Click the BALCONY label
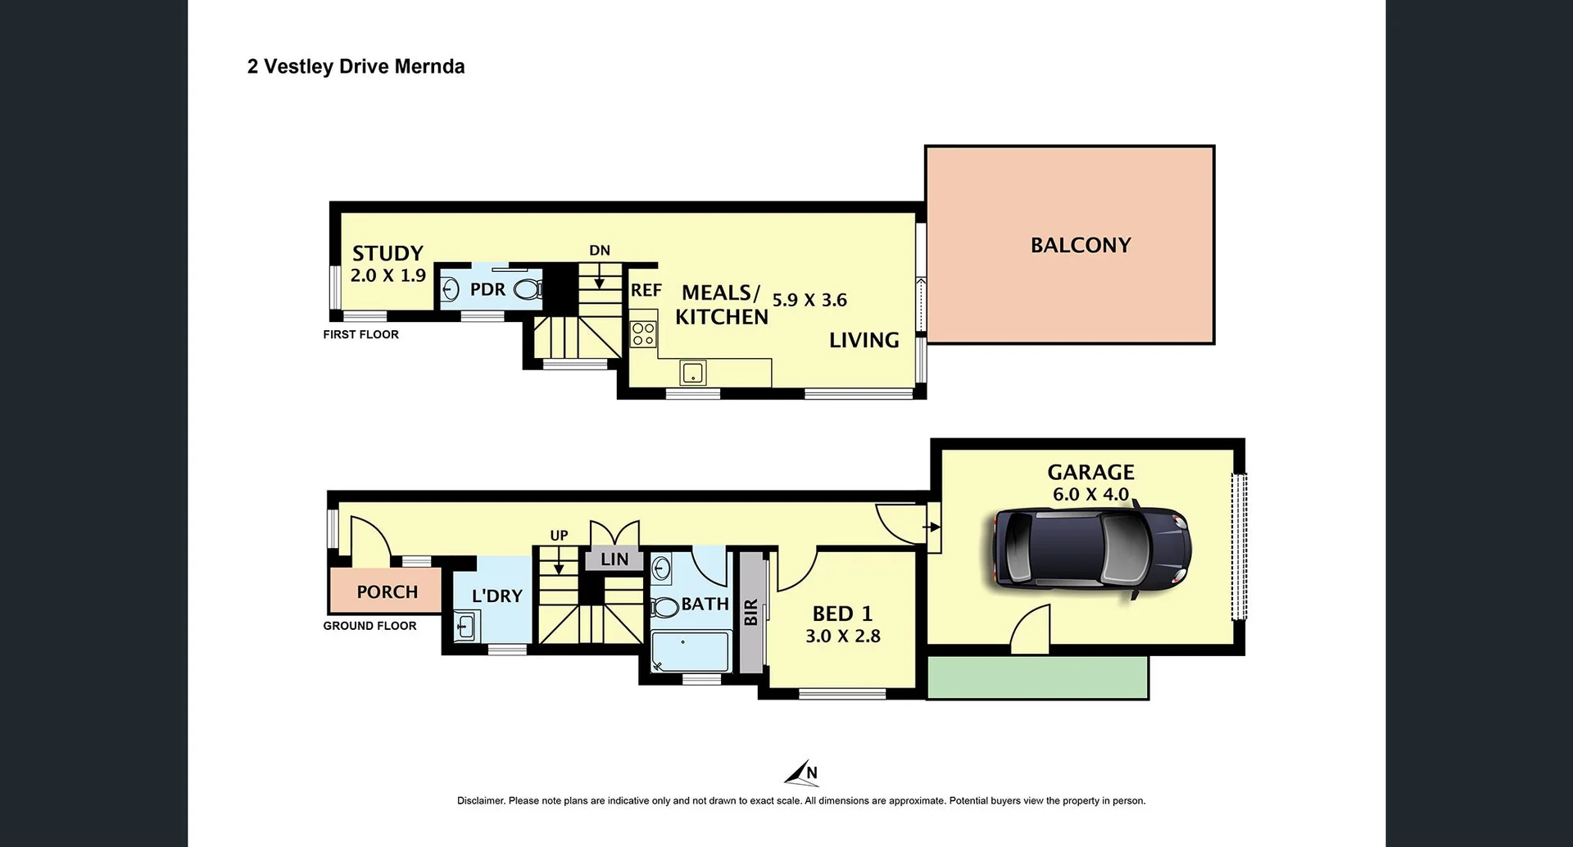point(1080,245)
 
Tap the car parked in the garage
point(1090,548)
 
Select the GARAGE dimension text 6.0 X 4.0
point(1090,494)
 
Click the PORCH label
point(387,591)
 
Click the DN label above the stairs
point(600,251)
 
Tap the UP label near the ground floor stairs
point(559,536)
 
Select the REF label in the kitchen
point(646,290)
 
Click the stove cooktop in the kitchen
point(643,333)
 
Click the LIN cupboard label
point(614,559)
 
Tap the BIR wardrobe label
point(751,612)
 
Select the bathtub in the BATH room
point(690,651)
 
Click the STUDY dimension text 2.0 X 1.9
point(388,276)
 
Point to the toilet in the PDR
point(528,289)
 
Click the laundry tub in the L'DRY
point(465,627)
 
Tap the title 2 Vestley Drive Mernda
point(356,66)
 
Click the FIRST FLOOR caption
point(360,334)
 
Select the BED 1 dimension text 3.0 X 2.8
point(842,636)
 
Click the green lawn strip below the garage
point(1037,677)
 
